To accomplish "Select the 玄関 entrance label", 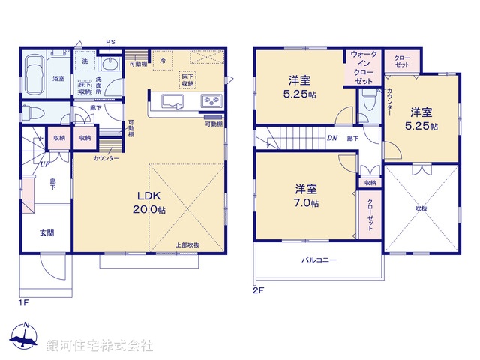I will coord(46,233).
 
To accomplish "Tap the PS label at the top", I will coord(110,42).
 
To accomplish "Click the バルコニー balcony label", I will coord(319,260).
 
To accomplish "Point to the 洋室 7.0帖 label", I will coord(305,196).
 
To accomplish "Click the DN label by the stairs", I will coord(331,138).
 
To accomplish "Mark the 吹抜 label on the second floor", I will coord(421,208).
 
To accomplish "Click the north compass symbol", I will coord(25,337).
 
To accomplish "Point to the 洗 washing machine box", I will coord(84,61).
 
